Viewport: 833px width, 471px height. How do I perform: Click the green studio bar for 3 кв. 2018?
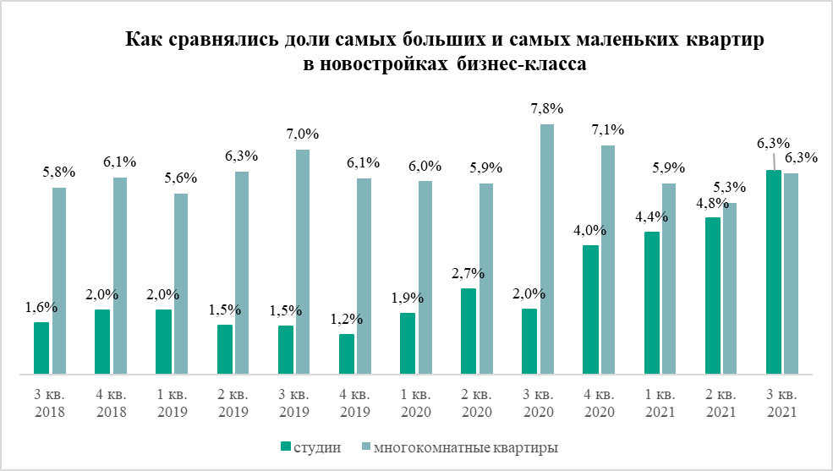click(41, 348)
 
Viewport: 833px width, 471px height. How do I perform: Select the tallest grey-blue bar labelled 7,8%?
click(547, 249)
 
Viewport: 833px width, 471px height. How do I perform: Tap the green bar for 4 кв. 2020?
click(590, 309)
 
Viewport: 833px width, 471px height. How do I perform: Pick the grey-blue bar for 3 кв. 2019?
click(303, 261)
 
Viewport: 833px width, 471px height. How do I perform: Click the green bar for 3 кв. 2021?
click(773, 271)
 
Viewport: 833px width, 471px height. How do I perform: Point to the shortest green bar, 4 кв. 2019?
click(347, 353)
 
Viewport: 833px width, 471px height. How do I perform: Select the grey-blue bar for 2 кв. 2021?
click(730, 288)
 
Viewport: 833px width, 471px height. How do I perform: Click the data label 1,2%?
click(347, 319)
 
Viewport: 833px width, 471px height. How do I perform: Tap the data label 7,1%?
click(608, 130)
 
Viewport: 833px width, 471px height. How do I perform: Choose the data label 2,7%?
click(469, 273)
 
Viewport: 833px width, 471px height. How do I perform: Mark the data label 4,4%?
click(651, 216)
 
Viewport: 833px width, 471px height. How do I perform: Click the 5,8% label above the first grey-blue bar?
click(59, 172)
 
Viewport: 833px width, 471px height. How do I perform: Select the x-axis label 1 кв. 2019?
click(173, 403)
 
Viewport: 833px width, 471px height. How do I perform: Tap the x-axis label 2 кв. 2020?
click(476, 403)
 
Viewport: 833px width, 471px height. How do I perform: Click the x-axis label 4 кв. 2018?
click(112, 403)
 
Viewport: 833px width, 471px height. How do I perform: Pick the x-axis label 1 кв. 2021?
click(659, 403)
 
